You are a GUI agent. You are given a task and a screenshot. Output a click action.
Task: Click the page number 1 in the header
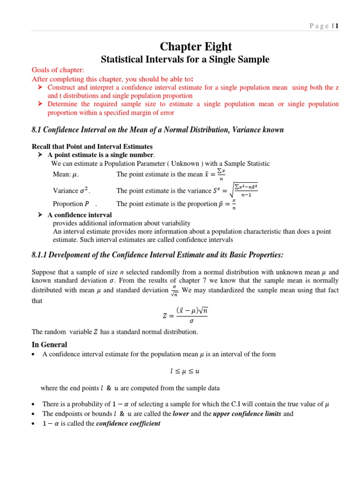(337, 26)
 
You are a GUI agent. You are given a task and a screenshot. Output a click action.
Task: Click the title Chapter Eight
(196, 46)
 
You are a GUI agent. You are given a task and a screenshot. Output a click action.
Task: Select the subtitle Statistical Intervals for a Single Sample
(186, 60)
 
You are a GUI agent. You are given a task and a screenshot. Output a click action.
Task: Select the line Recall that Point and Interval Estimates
(92, 147)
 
